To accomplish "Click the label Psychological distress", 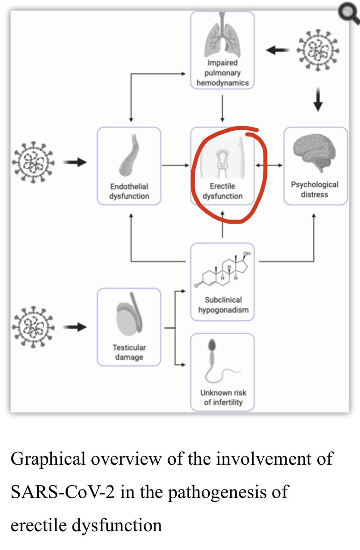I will tap(315, 189).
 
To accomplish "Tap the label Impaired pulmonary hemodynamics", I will tap(222, 73).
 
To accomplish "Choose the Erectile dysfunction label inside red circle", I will tap(222, 191).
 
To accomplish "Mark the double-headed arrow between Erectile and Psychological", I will tap(269, 165).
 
